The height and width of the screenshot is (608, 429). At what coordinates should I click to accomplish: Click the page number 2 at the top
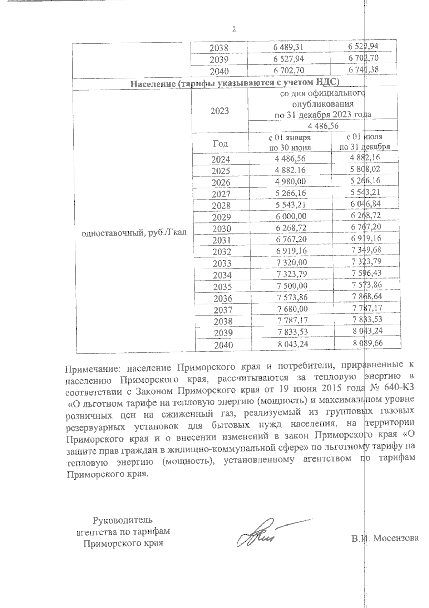tap(234, 29)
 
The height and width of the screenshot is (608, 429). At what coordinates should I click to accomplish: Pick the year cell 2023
tap(220, 111)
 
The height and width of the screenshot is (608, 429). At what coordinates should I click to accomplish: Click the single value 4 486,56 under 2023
tap(323, 126)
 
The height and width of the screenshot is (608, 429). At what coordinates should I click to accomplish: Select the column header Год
tap(220, 144)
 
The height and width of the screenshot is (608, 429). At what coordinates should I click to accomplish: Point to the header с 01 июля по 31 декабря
tap(365, 142)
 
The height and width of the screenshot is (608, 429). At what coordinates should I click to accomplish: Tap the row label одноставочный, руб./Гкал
tap(134, 234)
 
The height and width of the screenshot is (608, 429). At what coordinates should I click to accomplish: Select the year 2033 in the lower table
tap(222, 264)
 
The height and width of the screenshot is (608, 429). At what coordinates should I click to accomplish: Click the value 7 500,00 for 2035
tap(292, 286)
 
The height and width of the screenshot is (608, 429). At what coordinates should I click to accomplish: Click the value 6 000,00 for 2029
tap(291, 216)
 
